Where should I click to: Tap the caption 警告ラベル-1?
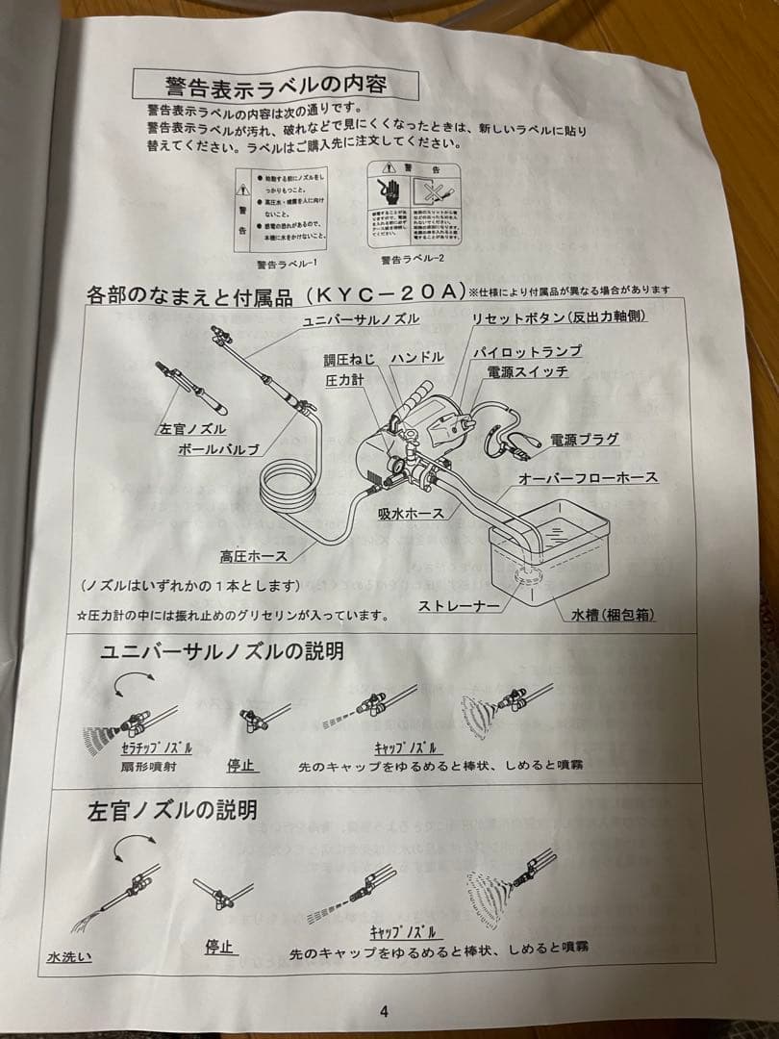coord(287,263)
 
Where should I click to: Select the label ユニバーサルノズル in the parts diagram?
coord(362,319)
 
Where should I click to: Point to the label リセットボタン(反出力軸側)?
coord(558,317)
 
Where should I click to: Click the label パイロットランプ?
coord(527,352)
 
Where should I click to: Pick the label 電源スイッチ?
coord(527,371)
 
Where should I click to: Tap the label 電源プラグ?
coord(584,439)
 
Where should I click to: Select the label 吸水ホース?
coord(411,514)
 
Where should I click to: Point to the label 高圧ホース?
coord(253,555)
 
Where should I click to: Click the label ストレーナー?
coord(459,606)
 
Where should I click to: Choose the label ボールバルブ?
coord(222,448)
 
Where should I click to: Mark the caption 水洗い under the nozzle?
coord(69,957)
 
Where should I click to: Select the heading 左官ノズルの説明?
coord(172,810)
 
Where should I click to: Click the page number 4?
coord(384,1010)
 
